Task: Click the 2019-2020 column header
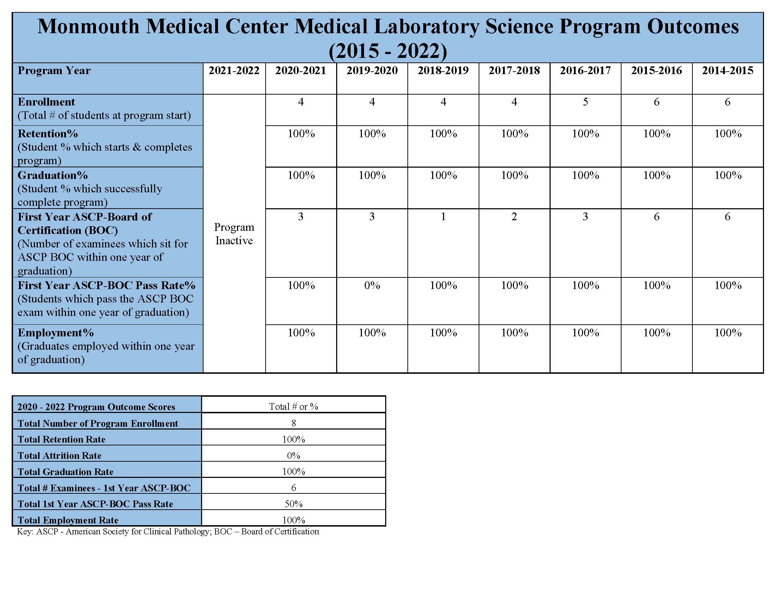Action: (372, 70)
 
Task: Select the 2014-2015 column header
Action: (727, 70)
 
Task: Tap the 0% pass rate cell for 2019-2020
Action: (372, 286)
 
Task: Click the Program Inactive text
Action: (234, 234)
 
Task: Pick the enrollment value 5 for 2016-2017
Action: (585, 102)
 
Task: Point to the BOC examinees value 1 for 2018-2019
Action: (443, 217)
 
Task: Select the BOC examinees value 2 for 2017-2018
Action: (514, 217)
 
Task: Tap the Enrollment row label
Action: (46, 102)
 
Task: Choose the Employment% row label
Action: (56, 333)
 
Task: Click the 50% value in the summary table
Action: (293, 504)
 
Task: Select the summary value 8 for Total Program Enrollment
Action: (293, 423)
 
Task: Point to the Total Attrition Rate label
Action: (59, 456)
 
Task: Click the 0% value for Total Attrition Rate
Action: (293, 456)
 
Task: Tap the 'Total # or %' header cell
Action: (293, 407)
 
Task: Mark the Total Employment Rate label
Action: (68, 520)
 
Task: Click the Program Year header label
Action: (54, 70)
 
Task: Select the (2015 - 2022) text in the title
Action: (388, 51)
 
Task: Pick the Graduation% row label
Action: (53, 175)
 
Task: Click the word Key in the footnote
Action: (24, 532)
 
